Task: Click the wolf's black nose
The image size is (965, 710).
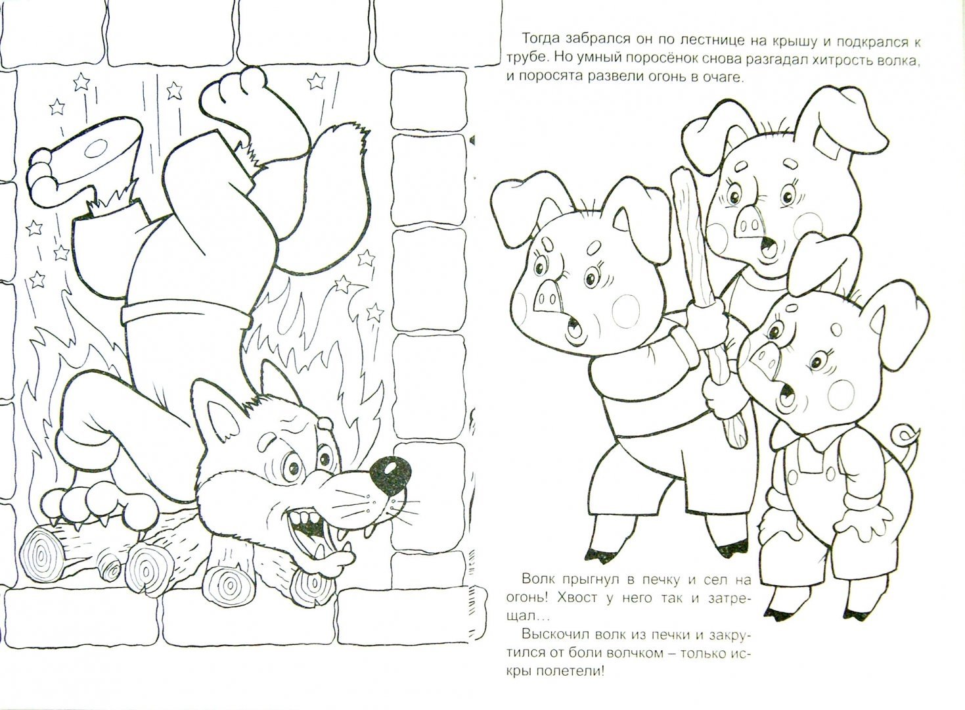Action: click(x=390, y=475)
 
